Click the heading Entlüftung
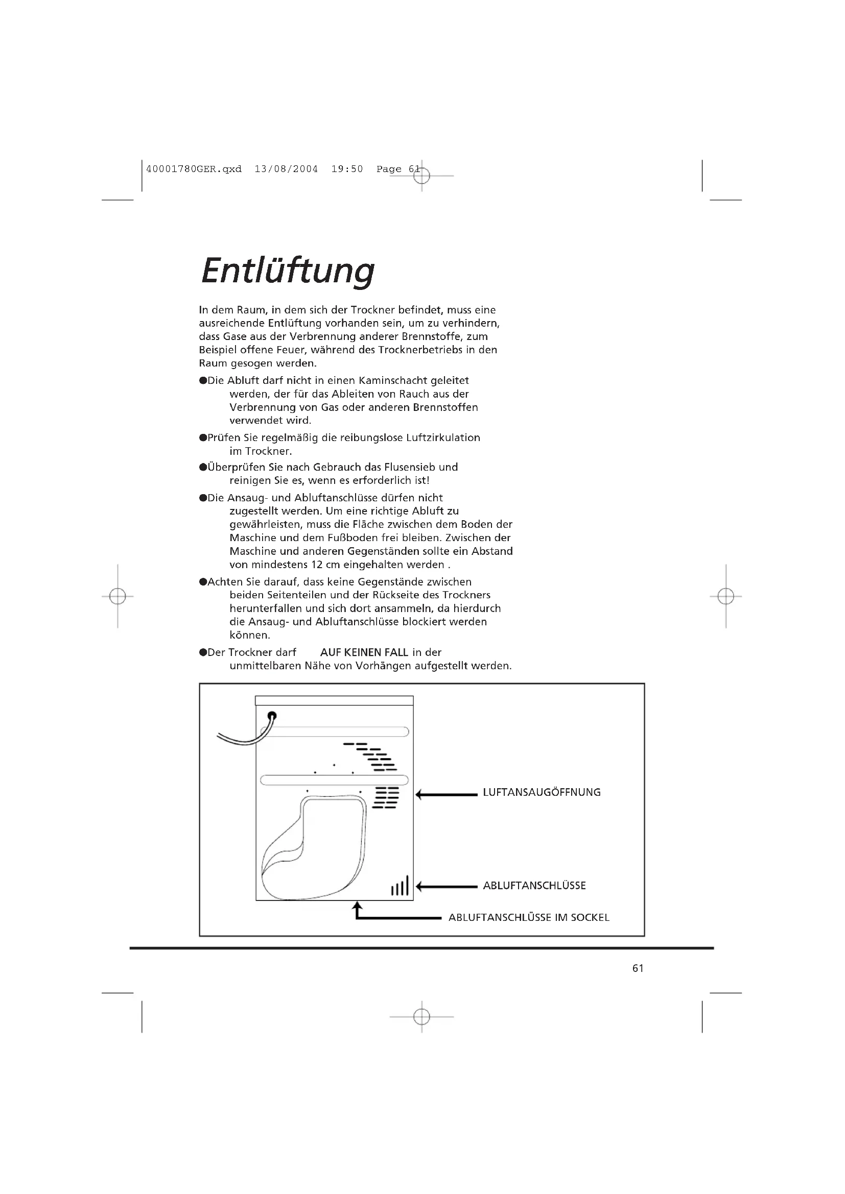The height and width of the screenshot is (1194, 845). coord(287,271)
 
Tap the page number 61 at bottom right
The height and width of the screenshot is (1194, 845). coord(638,968)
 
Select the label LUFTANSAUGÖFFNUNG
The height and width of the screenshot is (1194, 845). coord(542,793)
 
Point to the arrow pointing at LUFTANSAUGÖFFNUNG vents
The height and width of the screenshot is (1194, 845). coord(447,795)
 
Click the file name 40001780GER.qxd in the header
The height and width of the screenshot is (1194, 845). coord(194,169)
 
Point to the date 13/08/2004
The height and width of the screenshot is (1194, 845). coord(286,169)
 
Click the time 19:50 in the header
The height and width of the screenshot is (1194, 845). coord(347,169)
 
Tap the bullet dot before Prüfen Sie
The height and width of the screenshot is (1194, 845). coord(203,438)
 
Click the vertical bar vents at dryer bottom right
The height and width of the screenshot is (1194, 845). coord(400,886)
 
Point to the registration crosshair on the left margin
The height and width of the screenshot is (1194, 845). coord(118,596)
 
